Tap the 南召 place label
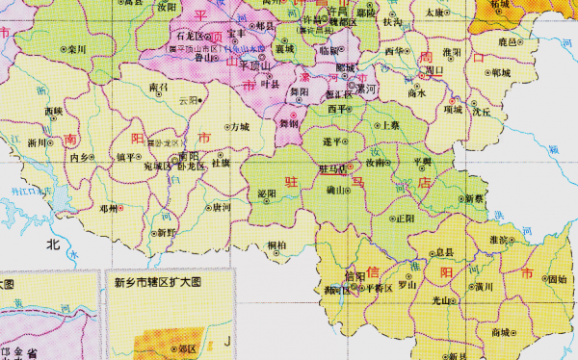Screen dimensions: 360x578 (158, 87)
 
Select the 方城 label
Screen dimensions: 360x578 (237, 126)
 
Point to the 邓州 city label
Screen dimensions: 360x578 (106, 208)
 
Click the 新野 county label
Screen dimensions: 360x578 (166, 232)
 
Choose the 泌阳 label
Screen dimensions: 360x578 (267, 193)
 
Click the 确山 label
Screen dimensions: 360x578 (336, 192)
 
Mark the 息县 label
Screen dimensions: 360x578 (443, 252)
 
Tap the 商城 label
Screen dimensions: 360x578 (500, 331)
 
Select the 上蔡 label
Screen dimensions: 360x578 (389, 125)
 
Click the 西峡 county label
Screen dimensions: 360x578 (54, 112)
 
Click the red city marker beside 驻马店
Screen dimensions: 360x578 (351, 167)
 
